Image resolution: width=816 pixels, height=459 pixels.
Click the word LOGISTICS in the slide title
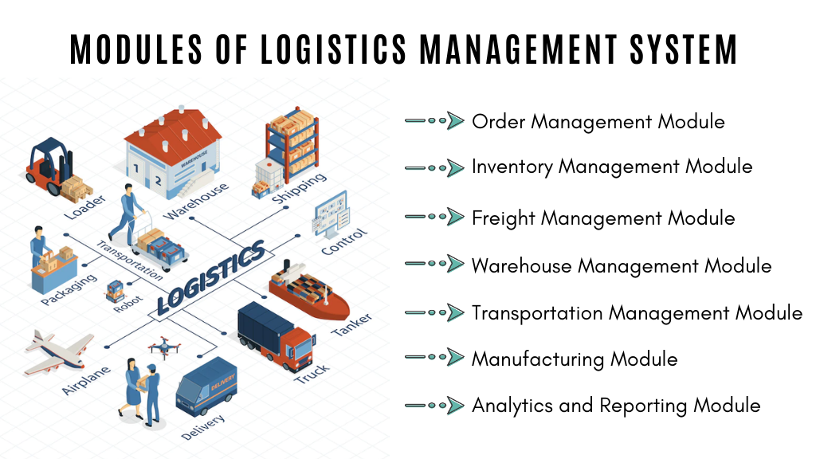pos(333,49)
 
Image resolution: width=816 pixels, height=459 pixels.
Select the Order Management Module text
pos(598,122)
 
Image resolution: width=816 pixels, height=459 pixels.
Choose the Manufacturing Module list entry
pos(574,359)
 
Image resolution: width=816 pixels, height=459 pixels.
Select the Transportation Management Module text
pos(637,312)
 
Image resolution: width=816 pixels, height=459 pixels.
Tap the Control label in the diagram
pos(344,241)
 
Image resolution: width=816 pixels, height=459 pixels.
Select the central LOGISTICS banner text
pos(210,278)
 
